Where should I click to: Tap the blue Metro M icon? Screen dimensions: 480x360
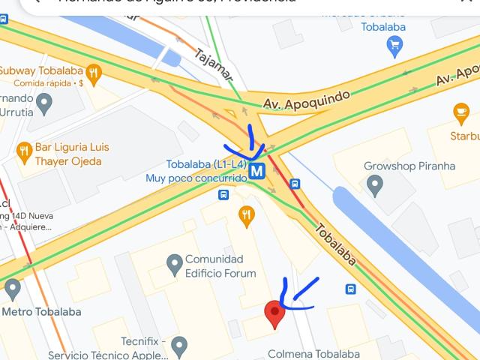tap(257, 170)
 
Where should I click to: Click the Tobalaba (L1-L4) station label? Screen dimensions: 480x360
tap(206, 164)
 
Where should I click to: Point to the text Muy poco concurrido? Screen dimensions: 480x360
tap(196, 178)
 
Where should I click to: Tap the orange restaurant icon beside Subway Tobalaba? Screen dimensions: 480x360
tap(93, 72)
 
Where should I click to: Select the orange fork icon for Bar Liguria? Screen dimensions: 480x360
tap(24, 151)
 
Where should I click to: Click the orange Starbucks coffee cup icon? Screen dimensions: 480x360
tap(461, 114)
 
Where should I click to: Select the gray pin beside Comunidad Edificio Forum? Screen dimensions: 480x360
tap(175, 263)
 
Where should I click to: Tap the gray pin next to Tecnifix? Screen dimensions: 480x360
tap(178, 345)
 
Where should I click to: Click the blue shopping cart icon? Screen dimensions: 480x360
tap(394, 46)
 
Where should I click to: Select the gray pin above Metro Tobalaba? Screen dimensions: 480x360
tap(12, 289)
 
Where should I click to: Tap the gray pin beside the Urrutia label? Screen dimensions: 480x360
tap(44, 105)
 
